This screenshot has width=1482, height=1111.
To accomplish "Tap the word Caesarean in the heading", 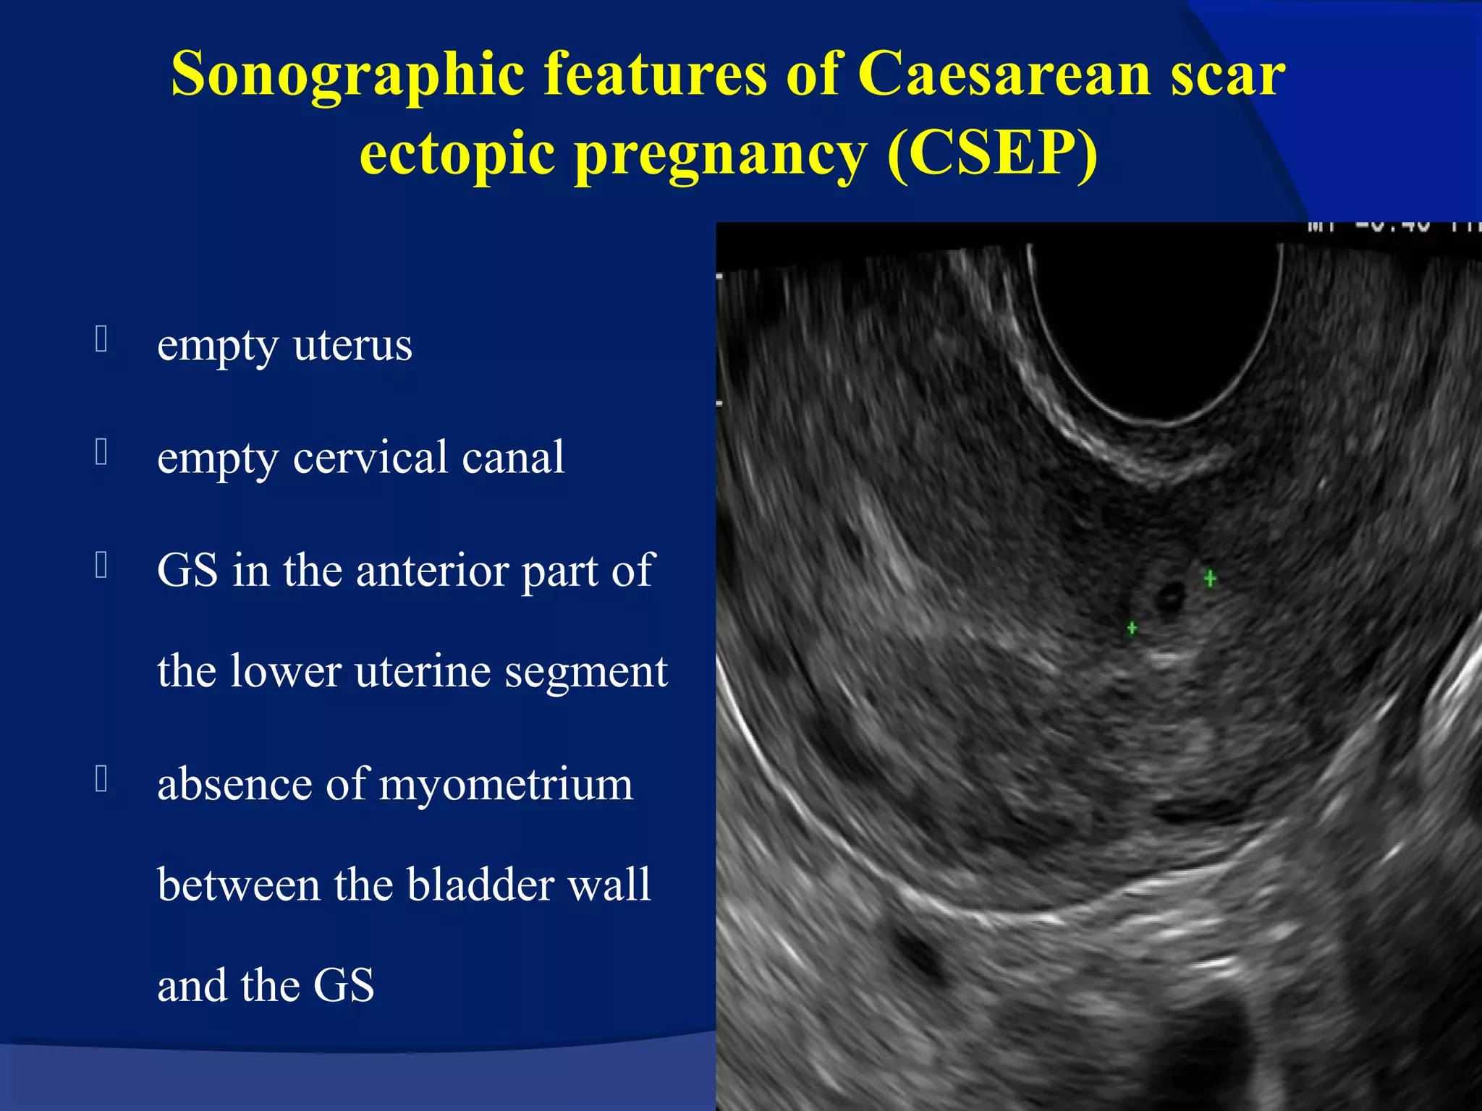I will click(x=1004, y=75).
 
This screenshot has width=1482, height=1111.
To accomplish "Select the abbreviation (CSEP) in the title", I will click(x=991, y=153).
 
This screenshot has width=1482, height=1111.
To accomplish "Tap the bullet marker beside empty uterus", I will click(x=101, y=339).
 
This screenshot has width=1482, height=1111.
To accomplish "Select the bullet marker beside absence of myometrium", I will click(x=101, y=779).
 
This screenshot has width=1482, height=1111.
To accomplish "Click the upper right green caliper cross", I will click(x=1210, y=579).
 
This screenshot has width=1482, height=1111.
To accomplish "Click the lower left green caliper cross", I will click(x=1132, y=628).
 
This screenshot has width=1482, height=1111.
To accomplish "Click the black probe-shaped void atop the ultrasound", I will click(x=1154, y=325).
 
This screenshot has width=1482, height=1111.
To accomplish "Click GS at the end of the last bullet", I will click(x=343, y=986).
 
